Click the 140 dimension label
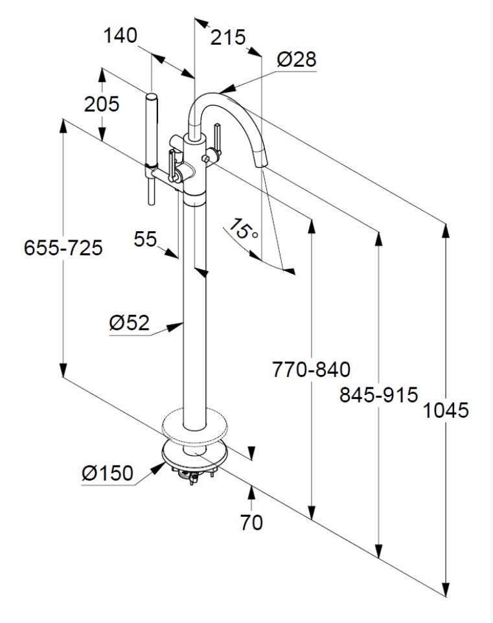(120, 35)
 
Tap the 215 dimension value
(229, 38)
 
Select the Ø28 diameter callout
(297, 60)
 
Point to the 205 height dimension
(102, 104)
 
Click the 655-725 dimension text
(63, 247)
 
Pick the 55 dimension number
(146, 239)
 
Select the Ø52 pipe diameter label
(130, 322)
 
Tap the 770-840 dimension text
(311, 370)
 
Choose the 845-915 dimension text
(379, 394)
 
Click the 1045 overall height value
(446, 410)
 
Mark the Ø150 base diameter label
(108, 474)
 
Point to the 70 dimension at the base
(251, 522)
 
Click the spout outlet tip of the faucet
(262, 164)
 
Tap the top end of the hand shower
(152, 96)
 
